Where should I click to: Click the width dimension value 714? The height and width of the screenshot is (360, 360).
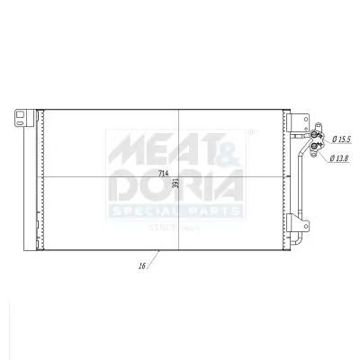point(163,172)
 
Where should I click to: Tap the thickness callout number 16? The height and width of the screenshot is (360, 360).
point(141,266)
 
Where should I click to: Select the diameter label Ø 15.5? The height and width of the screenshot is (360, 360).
point(341,139)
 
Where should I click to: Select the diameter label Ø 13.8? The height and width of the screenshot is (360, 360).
point(339,158)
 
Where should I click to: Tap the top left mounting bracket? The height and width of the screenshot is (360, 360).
point(22,116)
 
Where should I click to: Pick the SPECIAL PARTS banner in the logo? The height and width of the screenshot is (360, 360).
point(175,211)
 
